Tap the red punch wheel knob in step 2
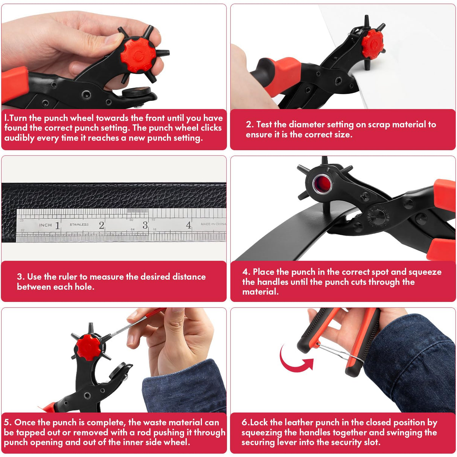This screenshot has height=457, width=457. tap(372, 43)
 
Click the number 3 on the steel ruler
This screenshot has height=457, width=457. tap(145, 225)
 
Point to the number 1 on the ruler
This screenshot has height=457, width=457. tap(58, 225)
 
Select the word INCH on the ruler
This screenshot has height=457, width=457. tap(45, 225)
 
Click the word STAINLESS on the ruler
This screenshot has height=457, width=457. tap(79, 224)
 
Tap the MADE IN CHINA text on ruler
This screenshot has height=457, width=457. tap(213, 224)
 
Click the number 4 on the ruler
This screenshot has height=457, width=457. tap(189, 225)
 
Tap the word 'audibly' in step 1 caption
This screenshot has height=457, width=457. tap(19, 138)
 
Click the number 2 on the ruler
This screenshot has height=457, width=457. tap(102, 225)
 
